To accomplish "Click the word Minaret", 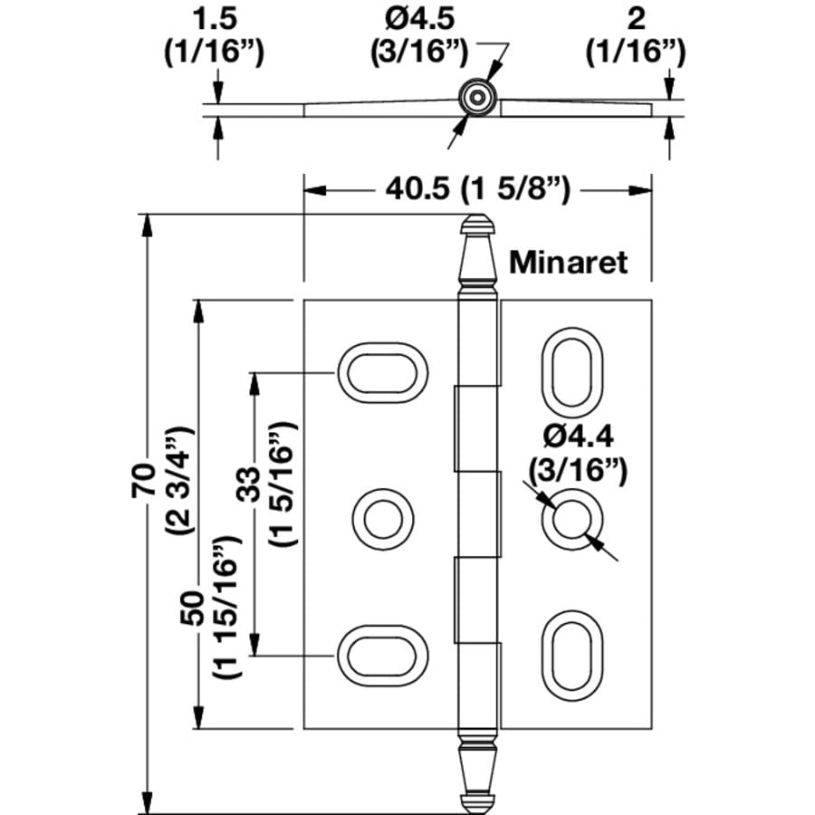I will (568, 262).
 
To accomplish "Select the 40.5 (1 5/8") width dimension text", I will (477, 190).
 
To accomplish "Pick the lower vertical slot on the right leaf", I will (570, 653).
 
